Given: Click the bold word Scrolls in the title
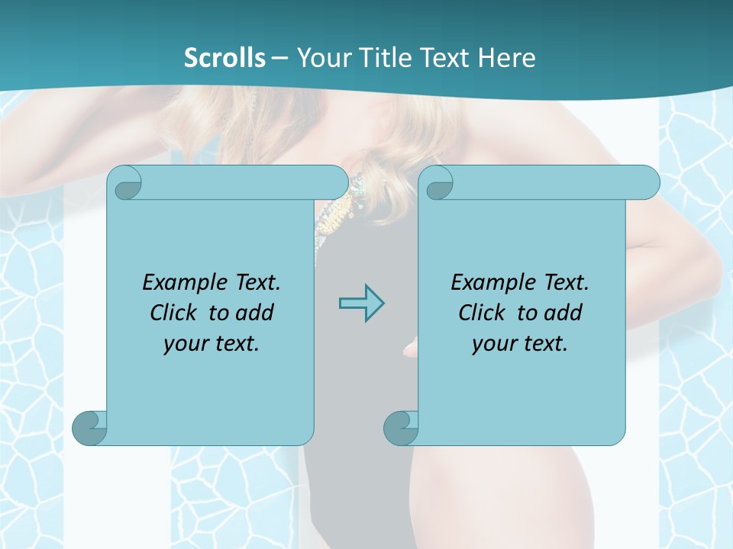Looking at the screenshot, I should pos(225,58).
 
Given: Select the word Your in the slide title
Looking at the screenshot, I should pos(320,58).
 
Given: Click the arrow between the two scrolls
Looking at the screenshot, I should pos(361,303).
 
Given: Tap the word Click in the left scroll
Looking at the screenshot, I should pos(174,313).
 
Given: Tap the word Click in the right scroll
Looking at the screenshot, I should pos(483,313).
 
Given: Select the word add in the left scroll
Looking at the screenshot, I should pos(255,313).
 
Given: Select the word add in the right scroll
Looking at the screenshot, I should pos(563,313).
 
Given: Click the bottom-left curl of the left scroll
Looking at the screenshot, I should pos(89,428).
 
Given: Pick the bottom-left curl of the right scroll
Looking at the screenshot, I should pos(400,428).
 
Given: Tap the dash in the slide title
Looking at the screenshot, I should pos(279,58).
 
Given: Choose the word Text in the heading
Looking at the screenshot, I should pos(447,58).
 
